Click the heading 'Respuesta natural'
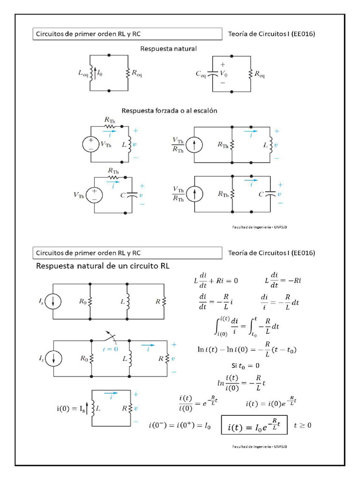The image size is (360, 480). (x=169, y=49)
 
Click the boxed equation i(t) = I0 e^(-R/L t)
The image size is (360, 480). (x=254, y=427)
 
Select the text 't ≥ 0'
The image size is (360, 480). (x=302, y=426)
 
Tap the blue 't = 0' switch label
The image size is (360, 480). (x=110, y=349)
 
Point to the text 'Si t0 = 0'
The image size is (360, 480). (x=245, y=366)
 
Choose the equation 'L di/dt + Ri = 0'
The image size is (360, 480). (x=216, y=281)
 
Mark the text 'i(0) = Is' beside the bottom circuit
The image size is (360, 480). (x=71, y=409)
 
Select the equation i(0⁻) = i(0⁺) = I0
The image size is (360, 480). (x=180, y=426)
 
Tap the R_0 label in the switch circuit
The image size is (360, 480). (x=84, y=359)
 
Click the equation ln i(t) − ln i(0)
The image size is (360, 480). (x=248, y=350)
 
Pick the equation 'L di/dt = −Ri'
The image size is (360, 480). (x=283, y=281)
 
